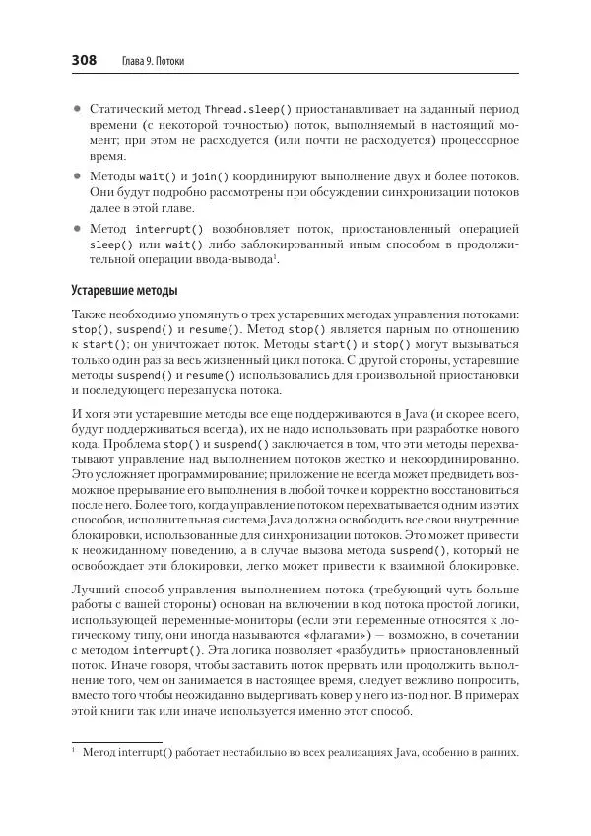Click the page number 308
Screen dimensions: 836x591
(x=83, y=61)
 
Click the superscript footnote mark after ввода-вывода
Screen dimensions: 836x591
(x=276, y=257)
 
